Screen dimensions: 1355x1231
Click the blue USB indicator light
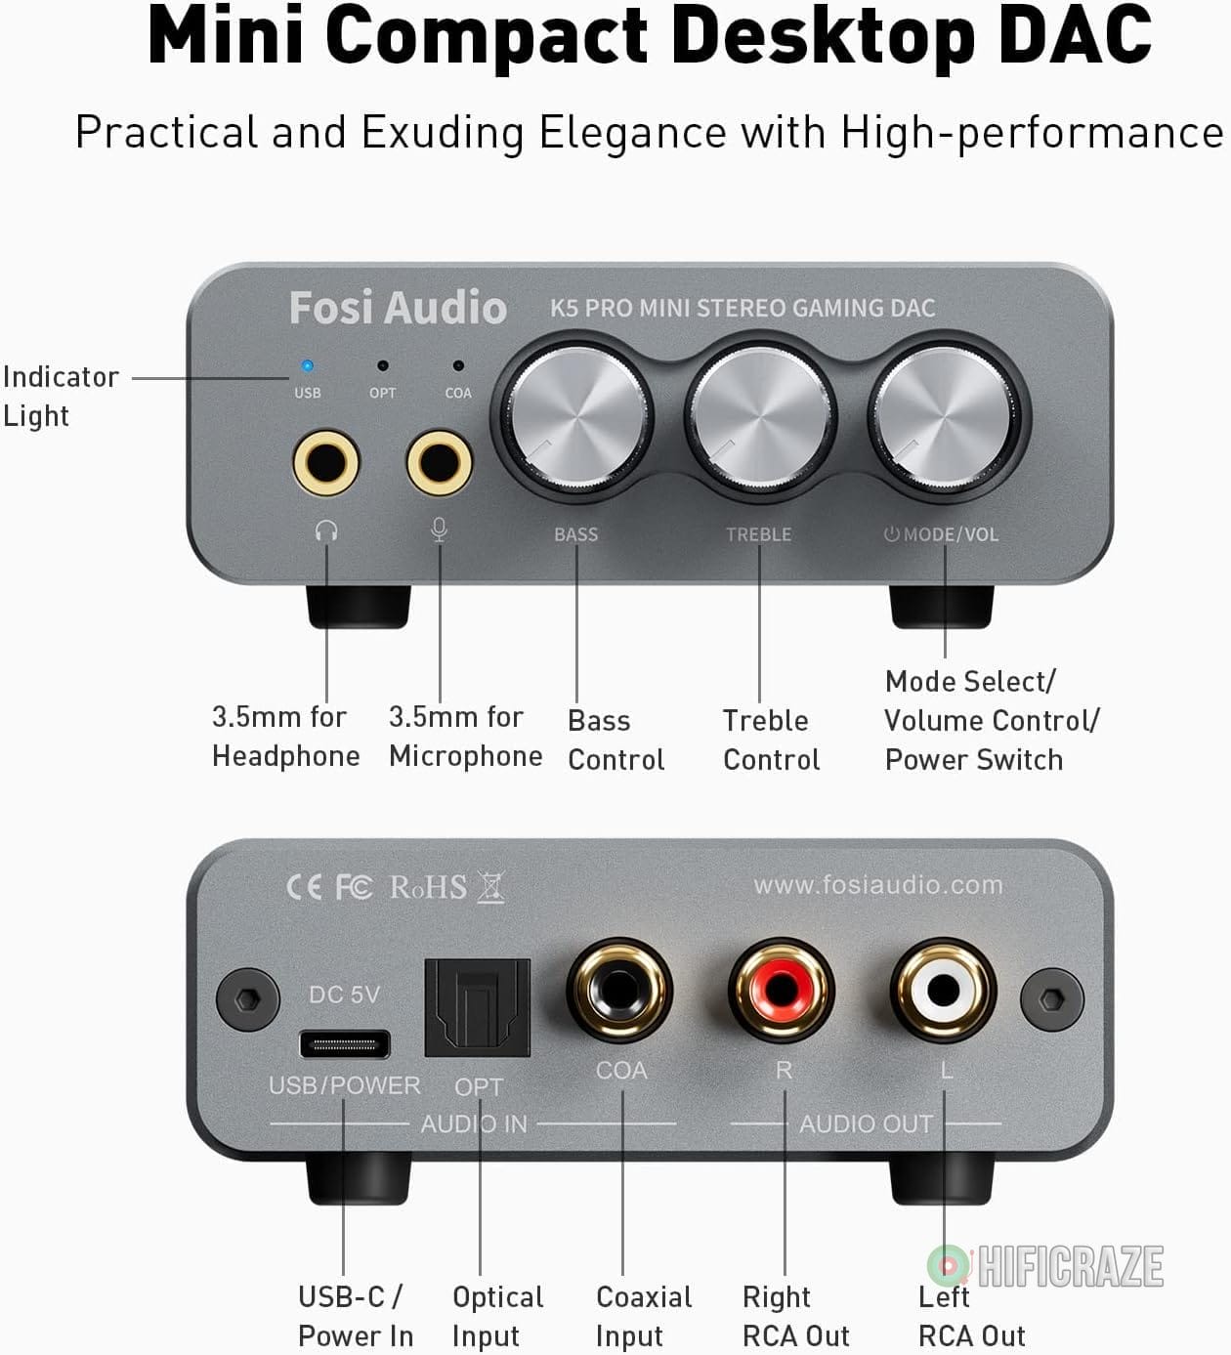(x=308, y=366)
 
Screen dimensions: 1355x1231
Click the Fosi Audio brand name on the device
(x=398, y=308)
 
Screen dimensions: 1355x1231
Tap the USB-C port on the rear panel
(x=344, y=1044)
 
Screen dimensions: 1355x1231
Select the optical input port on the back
(x=478, y=1007)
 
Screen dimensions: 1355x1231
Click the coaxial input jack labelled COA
(x=620, y=991)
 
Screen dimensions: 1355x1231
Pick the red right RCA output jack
(x=782, y=991)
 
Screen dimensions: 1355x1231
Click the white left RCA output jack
(x=944, y=991)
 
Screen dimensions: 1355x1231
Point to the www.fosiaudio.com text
(x=877, y=885)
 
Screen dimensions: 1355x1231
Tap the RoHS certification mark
(x=428, y=887)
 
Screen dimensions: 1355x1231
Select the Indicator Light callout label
(x=60, y=396)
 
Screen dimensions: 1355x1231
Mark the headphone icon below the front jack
(x=326, y=531)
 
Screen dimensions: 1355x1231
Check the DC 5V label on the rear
(x=344, y=995)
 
